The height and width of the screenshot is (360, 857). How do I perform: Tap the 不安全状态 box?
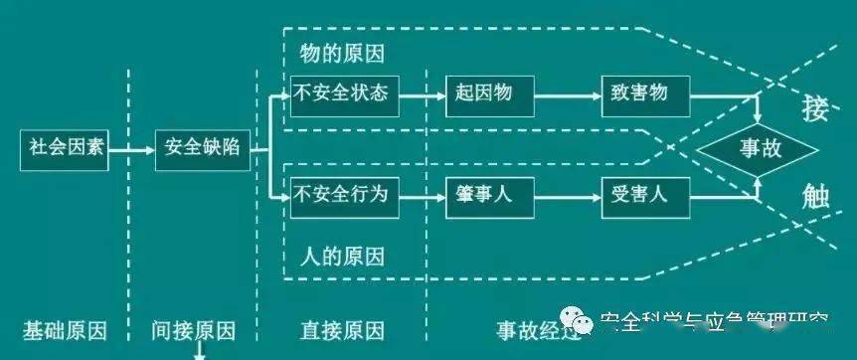click(x=341, y=95)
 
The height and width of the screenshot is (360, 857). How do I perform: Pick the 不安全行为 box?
click(x=341, y=195)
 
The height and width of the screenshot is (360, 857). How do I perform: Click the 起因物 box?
click(x=484, y=95)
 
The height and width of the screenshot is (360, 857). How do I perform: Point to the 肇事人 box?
click(x=484, y=195)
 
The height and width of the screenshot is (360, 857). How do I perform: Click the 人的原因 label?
click(x=341, y=256)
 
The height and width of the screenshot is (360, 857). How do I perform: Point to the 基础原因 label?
click(x=65, y=330)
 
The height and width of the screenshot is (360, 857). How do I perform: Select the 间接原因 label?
click(x=194, y=330)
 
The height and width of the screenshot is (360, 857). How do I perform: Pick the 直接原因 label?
click(x=341, y=330)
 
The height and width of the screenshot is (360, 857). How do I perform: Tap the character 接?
click(x=815, y=107)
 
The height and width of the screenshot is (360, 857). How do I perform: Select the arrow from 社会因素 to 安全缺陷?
click(x=132, y=151)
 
